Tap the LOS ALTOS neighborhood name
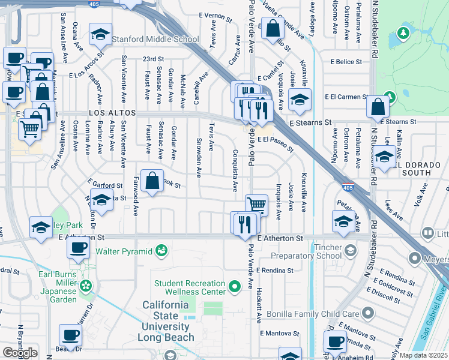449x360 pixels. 113,113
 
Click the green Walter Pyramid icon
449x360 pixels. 160,250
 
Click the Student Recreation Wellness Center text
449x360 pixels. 189,287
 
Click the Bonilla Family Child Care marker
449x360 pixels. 369,313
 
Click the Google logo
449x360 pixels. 20,352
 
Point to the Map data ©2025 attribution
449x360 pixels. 424,355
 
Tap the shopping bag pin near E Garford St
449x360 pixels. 153,181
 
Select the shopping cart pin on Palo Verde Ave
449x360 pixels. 256,205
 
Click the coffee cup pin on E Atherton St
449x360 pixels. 77,249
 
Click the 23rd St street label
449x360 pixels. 154,59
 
